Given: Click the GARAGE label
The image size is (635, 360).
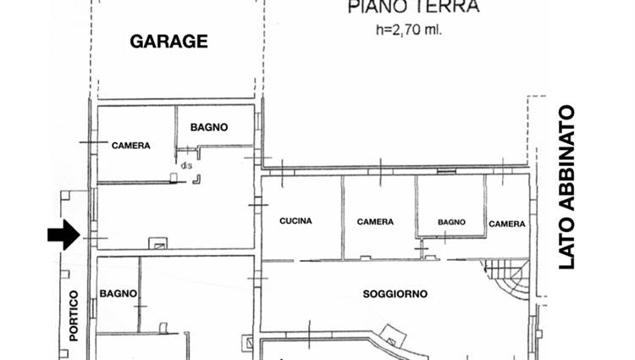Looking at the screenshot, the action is click(x=168, y=42).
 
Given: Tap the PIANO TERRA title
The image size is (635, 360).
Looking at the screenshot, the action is click(x=413, y=7).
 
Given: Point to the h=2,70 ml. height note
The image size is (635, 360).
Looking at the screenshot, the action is click(x=409, y=30).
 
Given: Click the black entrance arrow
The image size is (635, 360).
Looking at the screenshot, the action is click(x=63, y=235).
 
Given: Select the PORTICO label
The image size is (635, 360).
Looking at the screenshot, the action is click(x=74, y=316).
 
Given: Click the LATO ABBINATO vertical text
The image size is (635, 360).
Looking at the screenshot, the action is click(x=566, y=187).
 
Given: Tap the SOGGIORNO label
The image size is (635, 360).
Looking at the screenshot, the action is click(x=395, y=294).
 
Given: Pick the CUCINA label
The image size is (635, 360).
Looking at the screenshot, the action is click(x=295, y=221).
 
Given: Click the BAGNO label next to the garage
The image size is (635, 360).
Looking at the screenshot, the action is click(x=209, y=127).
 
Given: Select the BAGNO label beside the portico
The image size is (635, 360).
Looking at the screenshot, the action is click(x=118, y=294).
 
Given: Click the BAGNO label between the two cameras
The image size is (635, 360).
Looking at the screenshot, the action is click(x=451, y=222).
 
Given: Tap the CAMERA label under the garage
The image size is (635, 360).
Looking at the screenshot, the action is click(x=130, y=146).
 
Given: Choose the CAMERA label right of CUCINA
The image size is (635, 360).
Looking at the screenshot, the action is click(x=375, y=222).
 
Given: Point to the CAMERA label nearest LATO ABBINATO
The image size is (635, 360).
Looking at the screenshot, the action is click(x=507, y=224).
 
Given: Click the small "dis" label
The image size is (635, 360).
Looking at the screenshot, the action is click(x=186, y=166).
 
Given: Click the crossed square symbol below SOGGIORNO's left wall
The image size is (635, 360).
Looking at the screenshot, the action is click(x=246, y=343).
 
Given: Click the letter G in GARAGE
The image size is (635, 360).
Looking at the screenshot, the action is click(x=137, y=42).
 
